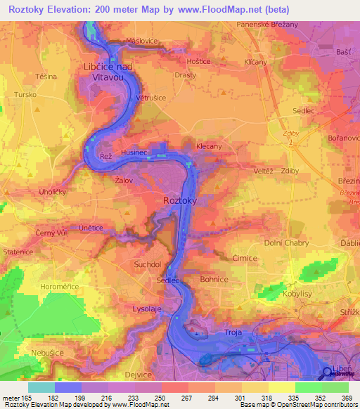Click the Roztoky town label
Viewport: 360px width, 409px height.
pyautogui.click(x=180, y=200)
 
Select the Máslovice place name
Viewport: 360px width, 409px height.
pyautogui.click(x=141, y=41)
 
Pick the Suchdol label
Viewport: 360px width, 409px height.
pyautogui.click(x=148, y=265)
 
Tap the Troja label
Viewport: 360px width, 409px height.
pyautogui.click(x=233, y=331)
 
